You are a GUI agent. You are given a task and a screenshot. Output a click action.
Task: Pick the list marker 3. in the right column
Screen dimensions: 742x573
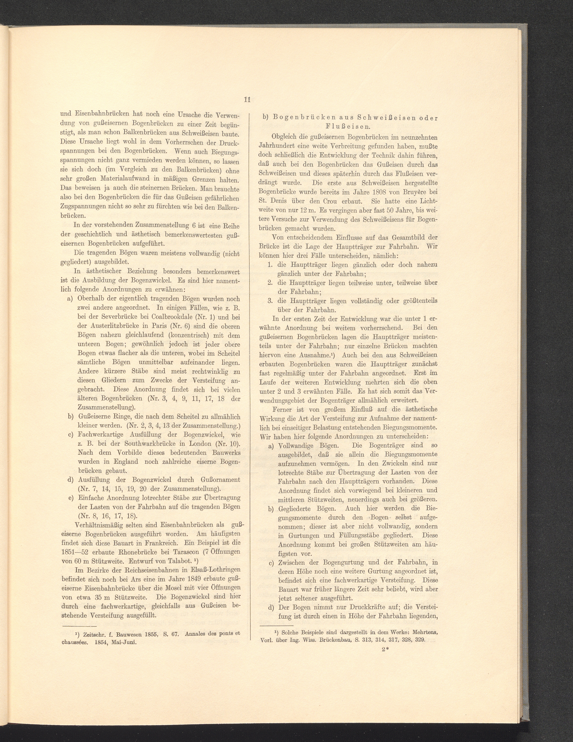pos(271,301)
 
